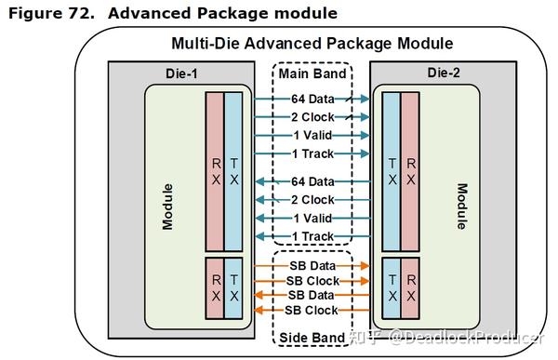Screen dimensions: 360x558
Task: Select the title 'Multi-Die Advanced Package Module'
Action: pyautogui.click(x=312, y=44)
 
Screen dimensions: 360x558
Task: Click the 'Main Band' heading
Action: pyautogui.click(x=312, y=73)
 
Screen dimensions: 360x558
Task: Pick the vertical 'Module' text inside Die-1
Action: pyautogui.click(x=168, y=206)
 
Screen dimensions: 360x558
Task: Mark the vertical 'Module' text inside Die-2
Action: pyautogui.click(x=461, y=206)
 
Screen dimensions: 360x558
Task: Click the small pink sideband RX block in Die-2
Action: pyautogui.click(x=410, y=287)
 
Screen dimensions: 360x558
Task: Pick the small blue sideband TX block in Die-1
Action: pyautogui.click(x=233, y=287)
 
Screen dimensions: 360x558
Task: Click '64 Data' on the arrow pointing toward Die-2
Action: pyautogui.click(x=312, y=98)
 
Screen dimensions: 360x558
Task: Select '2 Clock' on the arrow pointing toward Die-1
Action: pyautogui.click(x=312, y=200)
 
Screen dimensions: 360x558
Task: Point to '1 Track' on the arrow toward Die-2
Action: pyautogui.click(x=312, y=153)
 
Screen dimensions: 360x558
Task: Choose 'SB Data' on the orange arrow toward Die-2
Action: pyautogui.click(x=312, y=266)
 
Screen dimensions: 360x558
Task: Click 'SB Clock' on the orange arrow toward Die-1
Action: pyautogui.click(x=312, y=310)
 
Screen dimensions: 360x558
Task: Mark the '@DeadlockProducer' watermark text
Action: pyautogui.click(x=465, y=337)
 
